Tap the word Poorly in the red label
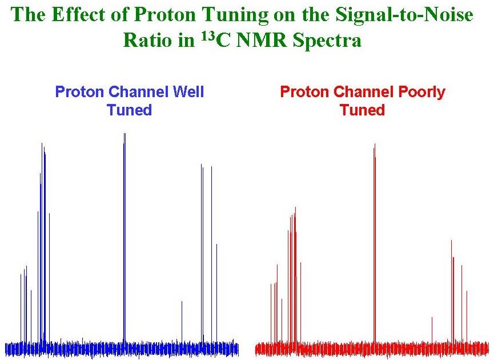[x=416, y=91]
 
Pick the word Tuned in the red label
[x=362, y=110]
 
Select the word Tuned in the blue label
[x=129, y=110]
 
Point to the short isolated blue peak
[x=182, y=320]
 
